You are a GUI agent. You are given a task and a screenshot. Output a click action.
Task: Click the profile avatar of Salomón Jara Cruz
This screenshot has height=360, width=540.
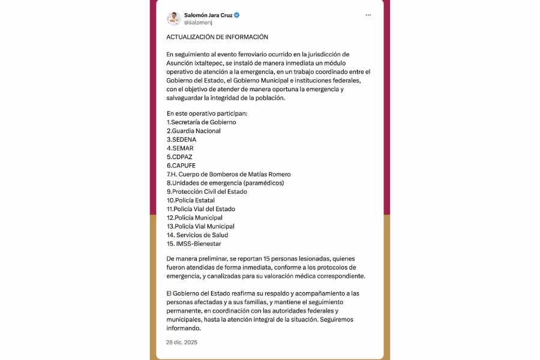coord(174,18)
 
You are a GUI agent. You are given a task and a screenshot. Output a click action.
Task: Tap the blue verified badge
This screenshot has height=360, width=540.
coord(237,14)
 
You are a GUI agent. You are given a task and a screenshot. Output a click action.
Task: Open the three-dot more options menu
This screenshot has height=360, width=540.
coord(368,15)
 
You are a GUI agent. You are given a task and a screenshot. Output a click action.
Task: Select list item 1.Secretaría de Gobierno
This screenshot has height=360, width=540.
coord(201,122)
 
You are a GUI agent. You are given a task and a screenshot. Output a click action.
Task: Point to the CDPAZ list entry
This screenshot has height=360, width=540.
coord(179,157)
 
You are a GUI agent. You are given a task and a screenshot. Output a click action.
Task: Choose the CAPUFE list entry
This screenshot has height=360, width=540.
coord(181,166)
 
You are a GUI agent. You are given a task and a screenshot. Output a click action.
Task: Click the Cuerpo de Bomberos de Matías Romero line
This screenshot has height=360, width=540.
coord(229,174)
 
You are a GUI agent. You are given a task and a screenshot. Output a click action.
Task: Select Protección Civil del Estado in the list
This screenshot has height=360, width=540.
coord(206,191)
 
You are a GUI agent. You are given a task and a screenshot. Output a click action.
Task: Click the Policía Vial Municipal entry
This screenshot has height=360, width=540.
coord(200,226)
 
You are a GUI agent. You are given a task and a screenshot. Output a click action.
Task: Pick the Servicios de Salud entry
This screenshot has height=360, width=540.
coord(197,235)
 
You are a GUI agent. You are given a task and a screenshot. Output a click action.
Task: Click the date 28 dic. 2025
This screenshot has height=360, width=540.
coord(182,342)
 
